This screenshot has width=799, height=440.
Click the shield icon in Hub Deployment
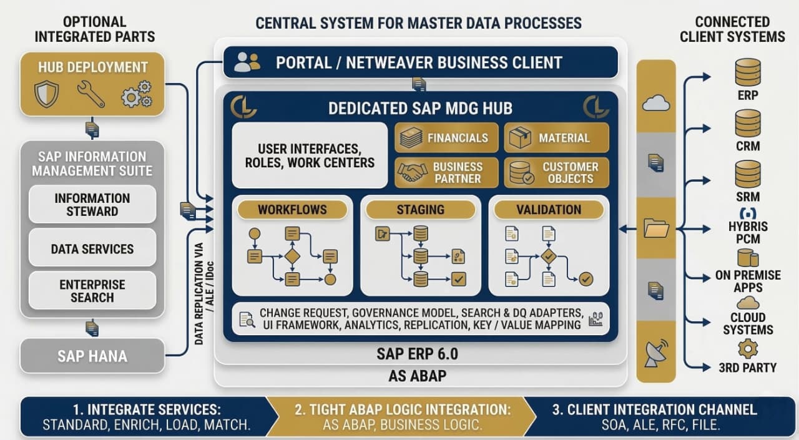(47, 94)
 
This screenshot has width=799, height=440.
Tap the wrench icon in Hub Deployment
(91, 94)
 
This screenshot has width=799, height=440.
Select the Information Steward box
(92, 205)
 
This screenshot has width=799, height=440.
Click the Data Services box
(92, 249)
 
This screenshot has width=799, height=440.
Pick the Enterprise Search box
(92, 291)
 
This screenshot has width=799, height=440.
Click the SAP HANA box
(92, 356)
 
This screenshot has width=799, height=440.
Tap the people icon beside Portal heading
(247, 62)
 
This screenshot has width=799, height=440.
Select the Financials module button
(446, 138)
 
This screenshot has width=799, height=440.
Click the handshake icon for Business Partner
(413, 173)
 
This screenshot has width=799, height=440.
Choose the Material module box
(556, 138)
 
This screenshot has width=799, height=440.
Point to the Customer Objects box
(556, 173)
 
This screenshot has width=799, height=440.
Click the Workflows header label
(292, 210)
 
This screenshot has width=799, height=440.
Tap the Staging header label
(420, 210)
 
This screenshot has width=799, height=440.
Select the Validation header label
(549, 210)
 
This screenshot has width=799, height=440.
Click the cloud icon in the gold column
(655, 103)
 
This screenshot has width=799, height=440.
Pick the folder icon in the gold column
(656, 228)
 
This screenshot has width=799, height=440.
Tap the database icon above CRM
(748, 123)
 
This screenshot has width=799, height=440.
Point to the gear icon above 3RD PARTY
(747, 348)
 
